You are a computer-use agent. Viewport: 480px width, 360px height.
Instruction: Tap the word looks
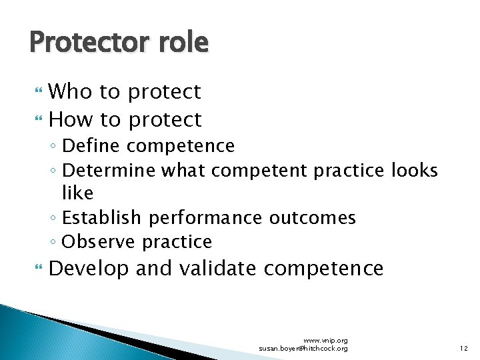414,170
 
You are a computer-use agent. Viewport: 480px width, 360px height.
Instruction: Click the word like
77,193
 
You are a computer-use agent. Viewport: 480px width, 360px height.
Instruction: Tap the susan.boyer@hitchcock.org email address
303,349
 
